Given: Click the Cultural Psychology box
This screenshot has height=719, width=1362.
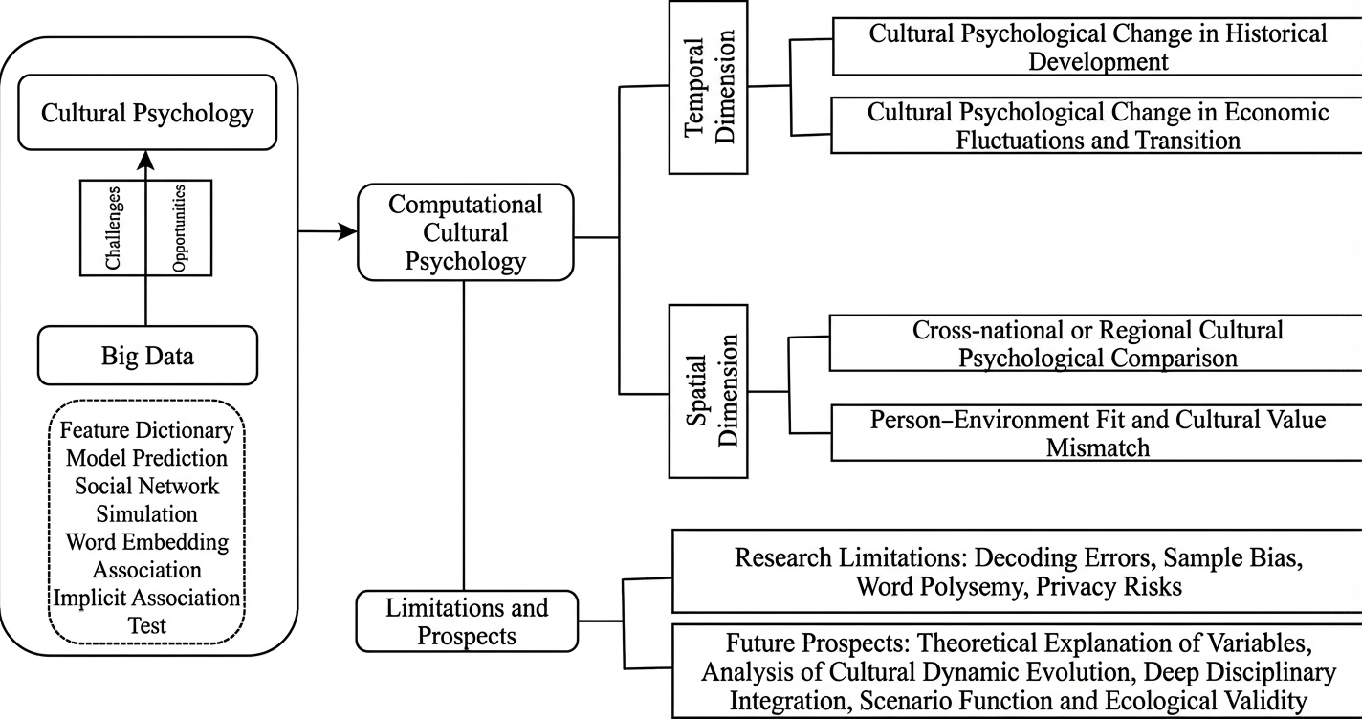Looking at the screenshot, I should pos(147,114).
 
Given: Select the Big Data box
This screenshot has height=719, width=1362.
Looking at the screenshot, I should pos(147,357).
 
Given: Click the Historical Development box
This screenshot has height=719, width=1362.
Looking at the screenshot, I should pos(1096,48).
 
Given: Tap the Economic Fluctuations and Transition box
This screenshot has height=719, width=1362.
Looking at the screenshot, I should pos(1096,126).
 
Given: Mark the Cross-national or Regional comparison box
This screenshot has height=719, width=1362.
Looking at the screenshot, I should pos(1096,343).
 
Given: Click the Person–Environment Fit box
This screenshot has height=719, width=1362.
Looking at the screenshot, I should pos(1096,432).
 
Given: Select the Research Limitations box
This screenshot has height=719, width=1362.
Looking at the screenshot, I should pos(1017,572).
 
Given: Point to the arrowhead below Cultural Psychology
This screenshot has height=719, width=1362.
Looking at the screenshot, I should pos(146,157).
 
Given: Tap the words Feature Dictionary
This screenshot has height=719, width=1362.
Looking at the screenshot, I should pos(146,430).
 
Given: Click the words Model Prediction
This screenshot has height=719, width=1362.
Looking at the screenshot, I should pos(146,458).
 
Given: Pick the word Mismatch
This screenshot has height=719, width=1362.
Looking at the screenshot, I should pos(1097,447).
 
